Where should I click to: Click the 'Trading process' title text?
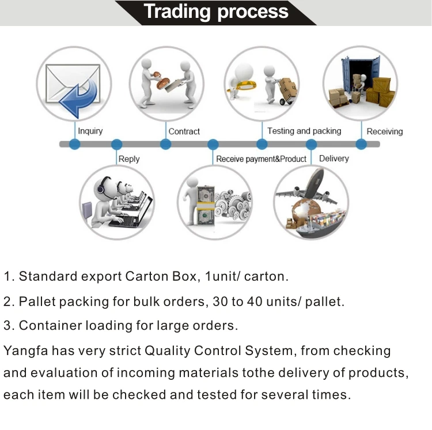216,12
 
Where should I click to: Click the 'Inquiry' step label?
90,131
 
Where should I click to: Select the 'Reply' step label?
129,159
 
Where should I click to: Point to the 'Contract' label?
184,131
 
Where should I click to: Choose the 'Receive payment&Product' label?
261,159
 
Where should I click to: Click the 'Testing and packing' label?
304,131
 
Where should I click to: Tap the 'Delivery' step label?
334,159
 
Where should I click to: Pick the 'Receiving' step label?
385,131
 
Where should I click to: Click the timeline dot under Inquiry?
75,144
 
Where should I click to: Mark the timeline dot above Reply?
116,144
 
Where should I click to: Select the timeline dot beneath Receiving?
361,144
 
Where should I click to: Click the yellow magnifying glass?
243,85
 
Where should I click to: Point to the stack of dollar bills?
206,206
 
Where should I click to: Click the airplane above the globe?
309,187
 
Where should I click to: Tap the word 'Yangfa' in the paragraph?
25,351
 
